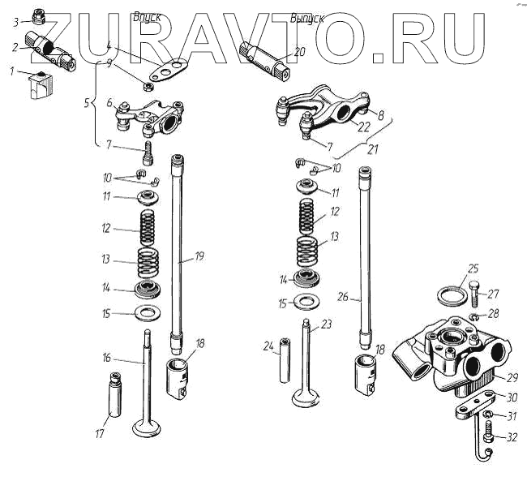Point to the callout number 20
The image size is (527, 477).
pyautogui.click(x=300, y=52)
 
